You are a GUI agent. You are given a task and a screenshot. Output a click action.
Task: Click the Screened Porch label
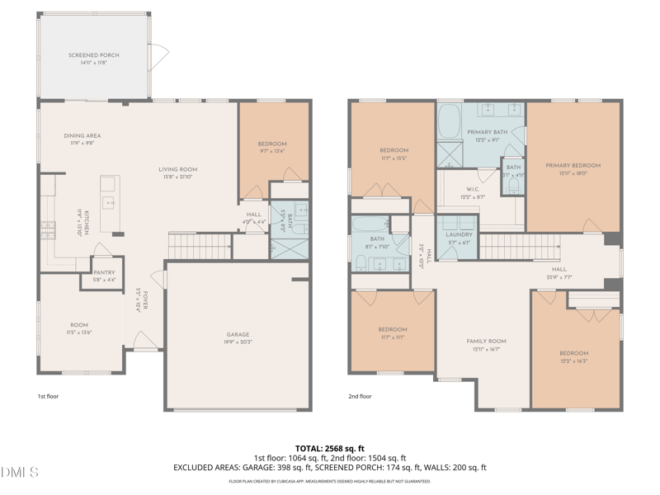94,55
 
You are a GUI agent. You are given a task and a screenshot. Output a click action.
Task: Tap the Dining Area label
82,136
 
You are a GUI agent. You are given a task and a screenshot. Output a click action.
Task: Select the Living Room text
178,170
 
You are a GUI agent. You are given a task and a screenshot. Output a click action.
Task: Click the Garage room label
238,335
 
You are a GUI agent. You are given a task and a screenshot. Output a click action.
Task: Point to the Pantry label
104,272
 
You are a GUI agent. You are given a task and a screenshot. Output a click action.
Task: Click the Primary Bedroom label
573,165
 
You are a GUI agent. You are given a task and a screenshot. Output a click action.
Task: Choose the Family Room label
486,341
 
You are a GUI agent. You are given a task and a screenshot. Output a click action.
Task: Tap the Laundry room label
459,234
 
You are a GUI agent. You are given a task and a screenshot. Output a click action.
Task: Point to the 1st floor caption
48,396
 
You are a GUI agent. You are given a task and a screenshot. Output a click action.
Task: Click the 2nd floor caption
360,396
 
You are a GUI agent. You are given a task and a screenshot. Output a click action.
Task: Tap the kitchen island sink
110,201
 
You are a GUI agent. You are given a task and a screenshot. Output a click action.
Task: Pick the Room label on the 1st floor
78,325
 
